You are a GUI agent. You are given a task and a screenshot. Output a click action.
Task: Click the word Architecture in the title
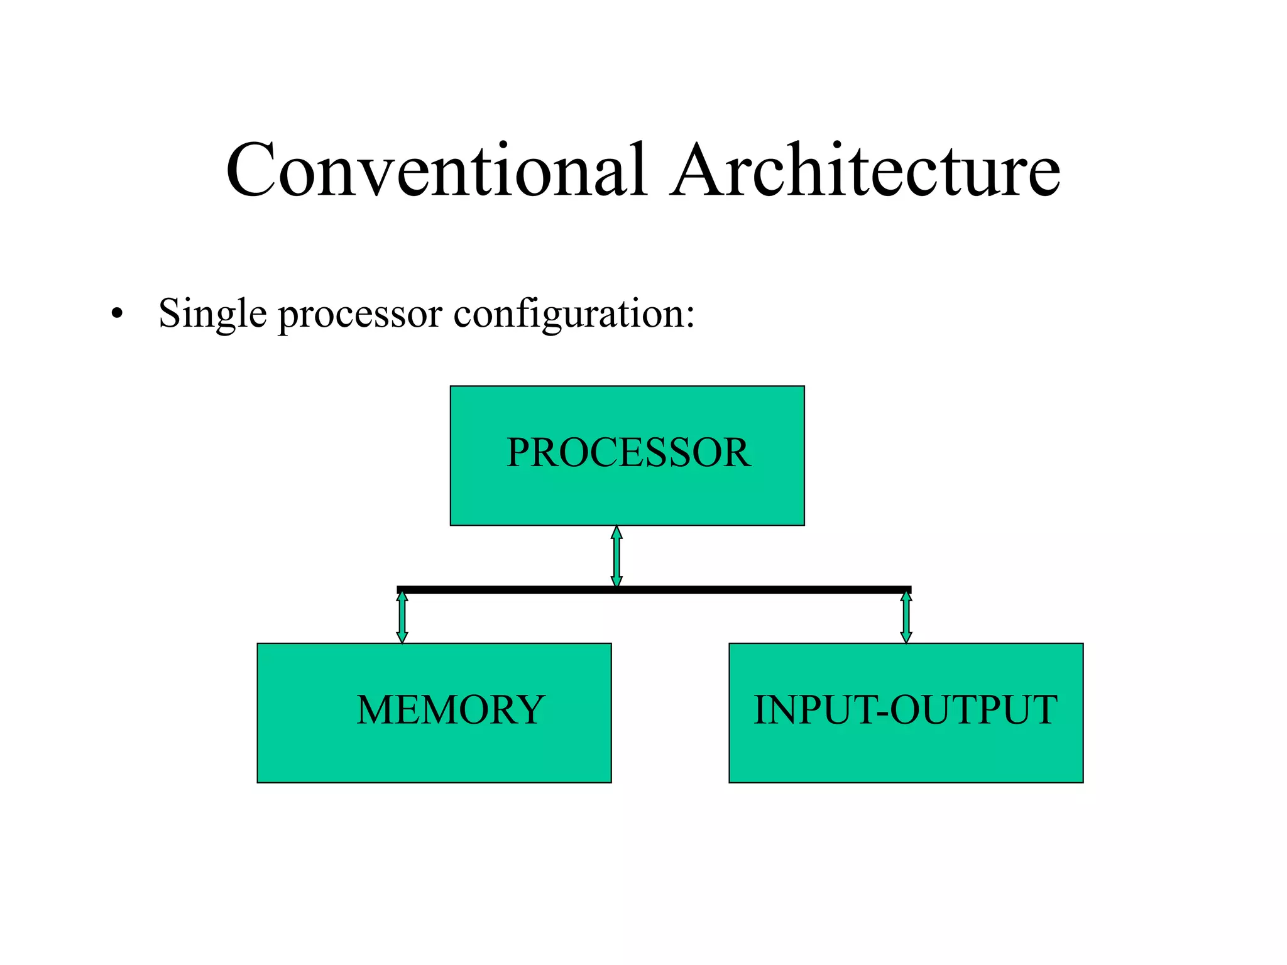pyautogui.click(x=865, y=171)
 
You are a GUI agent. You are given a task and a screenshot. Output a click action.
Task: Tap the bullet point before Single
pyautogui.click(x=116, y=313)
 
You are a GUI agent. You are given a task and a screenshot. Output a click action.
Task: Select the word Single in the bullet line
pyautogui.click(x=212, y=313)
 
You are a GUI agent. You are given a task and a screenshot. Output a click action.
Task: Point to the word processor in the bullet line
pyautogui.click(x=360, y=315)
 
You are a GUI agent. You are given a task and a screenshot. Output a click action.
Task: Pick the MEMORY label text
pyautogui.click(x=450, y=710)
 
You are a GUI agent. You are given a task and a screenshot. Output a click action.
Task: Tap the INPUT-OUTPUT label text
pyautogui.click(x=905, y=710)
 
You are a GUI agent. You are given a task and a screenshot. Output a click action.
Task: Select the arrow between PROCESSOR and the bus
pyautogui.click(x=616, y=556)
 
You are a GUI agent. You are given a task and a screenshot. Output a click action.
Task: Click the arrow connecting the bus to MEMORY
pyautogui.click(x=402, y=617)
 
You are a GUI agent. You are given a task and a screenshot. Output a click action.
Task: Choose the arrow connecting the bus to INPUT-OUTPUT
pyautogui.click(x=906, y=617)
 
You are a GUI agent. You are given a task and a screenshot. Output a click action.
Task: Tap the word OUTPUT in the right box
pyautogui.click(x=973, y=710)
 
